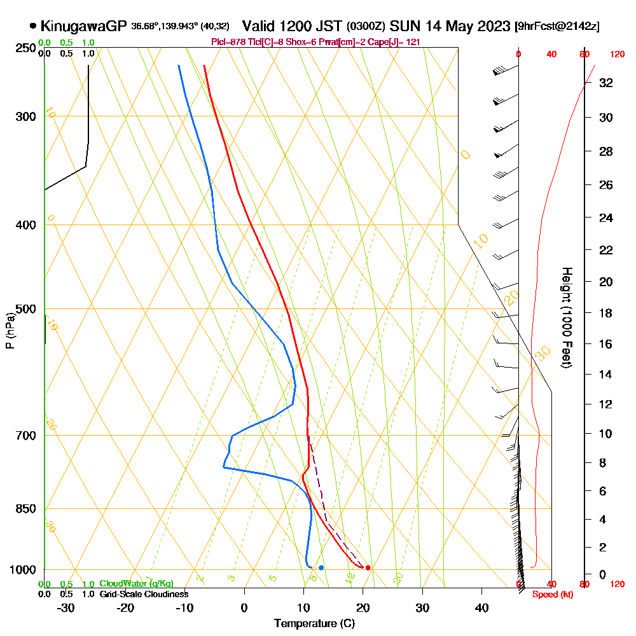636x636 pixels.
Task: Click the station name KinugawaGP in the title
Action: point(83,26)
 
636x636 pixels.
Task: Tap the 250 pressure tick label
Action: point(25,48)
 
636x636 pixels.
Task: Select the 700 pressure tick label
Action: point(25,436)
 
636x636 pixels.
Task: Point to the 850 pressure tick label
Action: point(25,509)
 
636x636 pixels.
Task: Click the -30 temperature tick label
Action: point(66,608)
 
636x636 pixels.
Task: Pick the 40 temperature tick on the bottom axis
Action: point(481,608)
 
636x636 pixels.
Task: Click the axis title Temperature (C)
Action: point(314,624)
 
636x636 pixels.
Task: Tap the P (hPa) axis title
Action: point(10,331)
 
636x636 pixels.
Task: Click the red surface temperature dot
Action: point(368,568)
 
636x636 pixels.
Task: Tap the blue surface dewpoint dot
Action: point(321,567)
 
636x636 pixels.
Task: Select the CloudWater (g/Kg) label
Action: point(136,584)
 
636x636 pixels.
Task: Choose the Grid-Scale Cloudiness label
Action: point(144,594)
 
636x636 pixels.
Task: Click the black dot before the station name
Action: point(32,27)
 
